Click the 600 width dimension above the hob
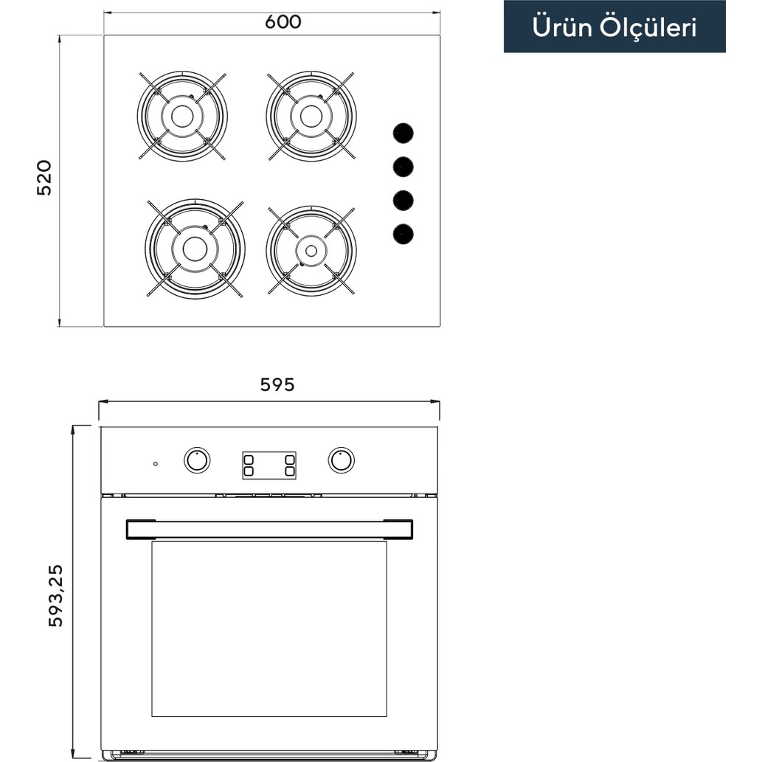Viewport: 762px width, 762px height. click(x=283, y=22)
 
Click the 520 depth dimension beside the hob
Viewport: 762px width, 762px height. click(x=45, y=177)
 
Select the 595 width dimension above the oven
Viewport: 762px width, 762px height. click(x=277, y=384)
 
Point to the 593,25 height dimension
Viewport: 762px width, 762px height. click(x=56, y=595)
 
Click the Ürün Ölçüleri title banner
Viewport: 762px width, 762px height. click(x=614, y=27)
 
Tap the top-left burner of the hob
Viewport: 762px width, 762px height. click(x=182, y=117)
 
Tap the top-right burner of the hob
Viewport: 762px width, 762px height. click(x=311, y=116)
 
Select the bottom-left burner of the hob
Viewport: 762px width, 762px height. click(x=195, y=249)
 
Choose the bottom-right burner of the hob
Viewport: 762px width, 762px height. click(x=311, y=251)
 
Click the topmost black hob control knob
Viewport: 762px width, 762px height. click(x=403, y=134)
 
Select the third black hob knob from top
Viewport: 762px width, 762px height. click(x=403, y=201)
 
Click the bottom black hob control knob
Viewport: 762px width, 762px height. click(x=403, y=235)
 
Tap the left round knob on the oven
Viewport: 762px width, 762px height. click(x=197, y=460)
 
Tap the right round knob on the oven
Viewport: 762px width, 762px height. click(x=341, y=460)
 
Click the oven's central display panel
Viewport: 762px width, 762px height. click(x=269, y=465)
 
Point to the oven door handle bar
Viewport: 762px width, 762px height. click(x=269, y=529)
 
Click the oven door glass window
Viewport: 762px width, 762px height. click(x=269, y=628)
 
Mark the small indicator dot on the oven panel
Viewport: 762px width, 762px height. click(x=156, y=464)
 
